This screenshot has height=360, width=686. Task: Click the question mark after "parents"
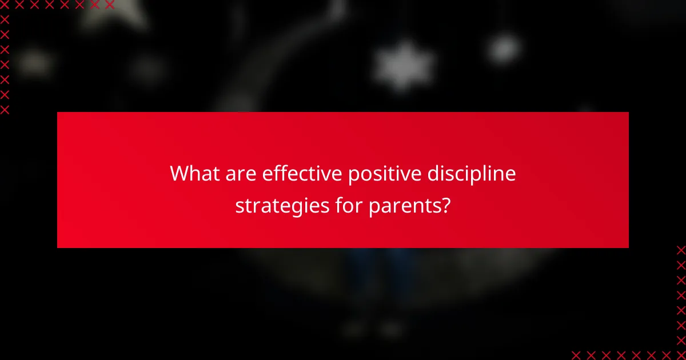[x=445, y=204]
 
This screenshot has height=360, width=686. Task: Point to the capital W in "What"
[x=180, y=173]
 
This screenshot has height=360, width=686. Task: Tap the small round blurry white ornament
[x=504, y=47]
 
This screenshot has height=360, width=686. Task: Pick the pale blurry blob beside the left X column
[x=34, y=62]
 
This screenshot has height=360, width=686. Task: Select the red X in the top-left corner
[x=5, y=5]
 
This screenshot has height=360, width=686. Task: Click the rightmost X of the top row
[x=109, y=5]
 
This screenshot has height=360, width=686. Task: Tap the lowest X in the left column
[x=5, y=109]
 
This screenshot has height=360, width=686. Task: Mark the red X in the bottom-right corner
[x=680, y=354]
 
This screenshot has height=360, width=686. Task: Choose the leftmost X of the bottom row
[x=576, y=354]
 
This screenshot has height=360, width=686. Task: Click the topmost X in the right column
[x=680, y=250]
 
